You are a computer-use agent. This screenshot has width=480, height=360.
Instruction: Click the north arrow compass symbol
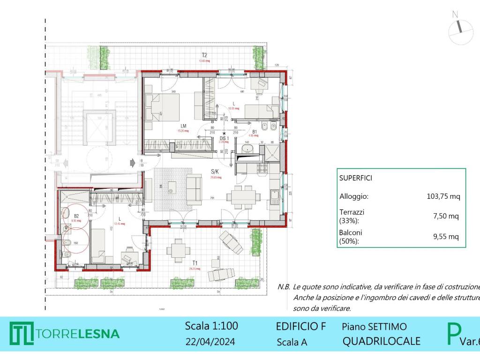[458, 28]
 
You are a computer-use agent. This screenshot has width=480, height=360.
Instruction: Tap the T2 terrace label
[204, 55]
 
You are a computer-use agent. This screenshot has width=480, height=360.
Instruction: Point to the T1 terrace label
[195, 263]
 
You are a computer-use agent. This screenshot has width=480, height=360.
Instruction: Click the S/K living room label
[216, 172]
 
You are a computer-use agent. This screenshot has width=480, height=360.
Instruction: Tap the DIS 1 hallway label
[224, 138]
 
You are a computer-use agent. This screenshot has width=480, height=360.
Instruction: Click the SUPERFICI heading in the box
[355, 179]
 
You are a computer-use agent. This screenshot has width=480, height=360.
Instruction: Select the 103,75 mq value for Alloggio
[441, 196]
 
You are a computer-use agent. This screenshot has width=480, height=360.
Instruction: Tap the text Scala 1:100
[211, 326]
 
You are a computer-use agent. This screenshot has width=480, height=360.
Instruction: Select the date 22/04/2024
[210, 342]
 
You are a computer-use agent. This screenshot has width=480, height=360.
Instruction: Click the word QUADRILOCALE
[381, 341]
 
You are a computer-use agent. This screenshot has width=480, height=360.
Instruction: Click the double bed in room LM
[162, 107]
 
